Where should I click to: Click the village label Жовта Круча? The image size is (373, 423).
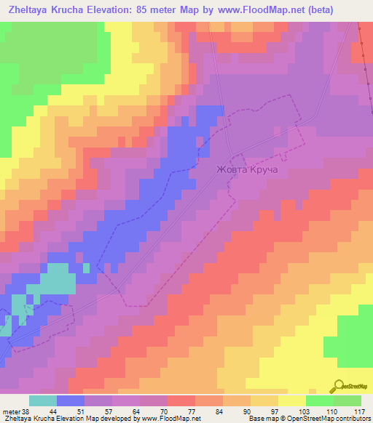[248, 171]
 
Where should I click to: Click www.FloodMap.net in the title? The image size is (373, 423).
[264, 10]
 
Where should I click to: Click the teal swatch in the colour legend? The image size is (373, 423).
[42, 400]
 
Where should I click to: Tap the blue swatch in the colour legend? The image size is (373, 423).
[71, 400]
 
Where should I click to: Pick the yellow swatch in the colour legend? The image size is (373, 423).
[291, 400]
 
